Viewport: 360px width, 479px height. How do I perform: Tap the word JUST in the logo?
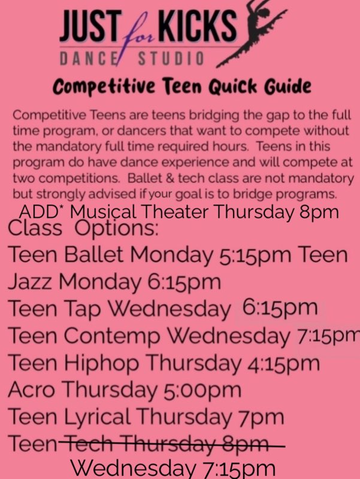coord(89,26)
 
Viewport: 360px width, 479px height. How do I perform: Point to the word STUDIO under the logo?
coord(171,59)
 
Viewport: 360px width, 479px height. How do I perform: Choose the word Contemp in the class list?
coord(112,336)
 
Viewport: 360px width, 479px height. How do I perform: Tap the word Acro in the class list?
coord(31,390)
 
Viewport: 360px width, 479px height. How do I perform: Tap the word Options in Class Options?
coord(116,229)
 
